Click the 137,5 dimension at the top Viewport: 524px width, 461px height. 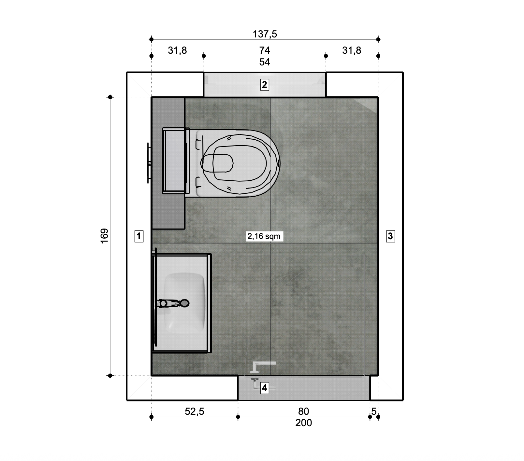(265, 34)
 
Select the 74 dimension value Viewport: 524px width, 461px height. (265, 50)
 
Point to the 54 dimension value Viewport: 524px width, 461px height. (265, 62)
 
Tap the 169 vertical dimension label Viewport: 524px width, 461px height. (104, 236)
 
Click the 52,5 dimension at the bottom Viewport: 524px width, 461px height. (195, 412)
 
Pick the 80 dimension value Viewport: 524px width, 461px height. (303, 412)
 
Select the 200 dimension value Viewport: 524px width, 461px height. (303, 423)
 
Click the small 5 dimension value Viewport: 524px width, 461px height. (374, 412)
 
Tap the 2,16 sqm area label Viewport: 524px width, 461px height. (264, 236)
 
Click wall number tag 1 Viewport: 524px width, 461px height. (139, 236)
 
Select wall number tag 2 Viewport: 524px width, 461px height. (264, 85)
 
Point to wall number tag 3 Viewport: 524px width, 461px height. (390, 236)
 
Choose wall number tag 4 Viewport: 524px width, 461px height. (265, 388)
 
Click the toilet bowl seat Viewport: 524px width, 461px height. (241, 163)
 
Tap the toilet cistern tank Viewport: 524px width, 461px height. (175, 161)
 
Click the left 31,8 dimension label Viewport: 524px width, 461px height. (177, 50)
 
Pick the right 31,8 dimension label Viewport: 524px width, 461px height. (352, 50)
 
